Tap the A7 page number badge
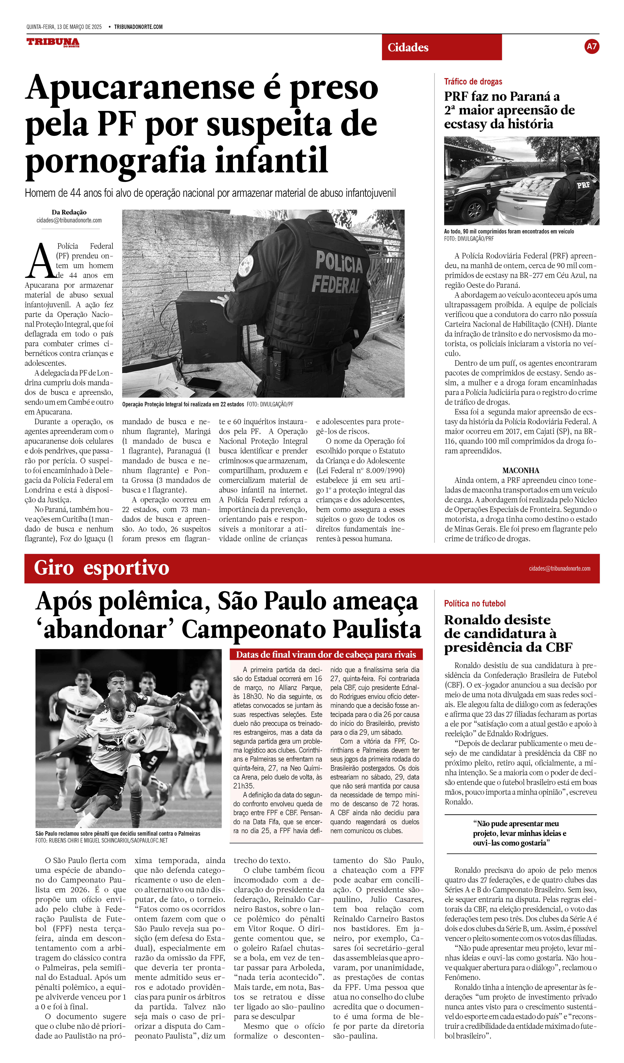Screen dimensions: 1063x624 click(591, 46)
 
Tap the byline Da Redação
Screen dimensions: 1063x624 click(69, 212)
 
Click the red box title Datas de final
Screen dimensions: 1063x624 click(326, 655)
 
